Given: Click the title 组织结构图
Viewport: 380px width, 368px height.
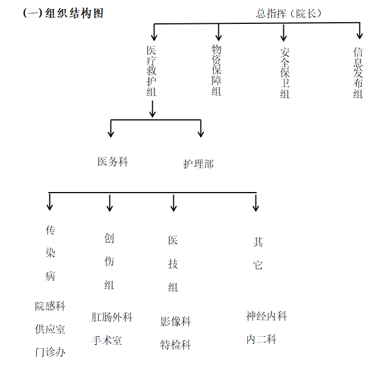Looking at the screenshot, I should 63,13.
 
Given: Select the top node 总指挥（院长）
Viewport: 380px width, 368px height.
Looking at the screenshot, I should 289,13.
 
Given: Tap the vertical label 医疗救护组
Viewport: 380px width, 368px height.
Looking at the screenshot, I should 152,71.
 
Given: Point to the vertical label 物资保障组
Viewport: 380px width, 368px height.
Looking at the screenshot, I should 217,70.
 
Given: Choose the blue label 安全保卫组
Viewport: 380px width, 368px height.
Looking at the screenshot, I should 285,73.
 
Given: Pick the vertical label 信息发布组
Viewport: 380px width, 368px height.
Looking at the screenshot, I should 358,73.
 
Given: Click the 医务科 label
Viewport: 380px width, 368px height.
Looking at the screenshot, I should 113,162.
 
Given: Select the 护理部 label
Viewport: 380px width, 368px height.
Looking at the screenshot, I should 198,164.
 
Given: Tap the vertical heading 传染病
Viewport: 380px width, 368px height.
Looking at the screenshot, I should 51,253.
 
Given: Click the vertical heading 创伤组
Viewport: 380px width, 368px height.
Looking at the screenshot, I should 109,261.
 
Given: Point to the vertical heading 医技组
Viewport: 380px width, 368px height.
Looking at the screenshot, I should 173,264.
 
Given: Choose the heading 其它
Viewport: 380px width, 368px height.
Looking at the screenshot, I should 258,253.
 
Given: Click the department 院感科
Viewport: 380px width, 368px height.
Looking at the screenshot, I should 50,306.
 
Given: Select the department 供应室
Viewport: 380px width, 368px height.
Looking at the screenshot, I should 50,329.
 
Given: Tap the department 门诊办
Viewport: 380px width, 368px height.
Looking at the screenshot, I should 50,352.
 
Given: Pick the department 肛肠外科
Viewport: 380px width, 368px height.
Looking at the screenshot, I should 112,317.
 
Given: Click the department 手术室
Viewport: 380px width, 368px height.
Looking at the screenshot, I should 107,340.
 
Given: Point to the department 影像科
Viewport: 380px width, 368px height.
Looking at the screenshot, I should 176,321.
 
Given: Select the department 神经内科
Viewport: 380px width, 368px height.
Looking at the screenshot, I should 267,316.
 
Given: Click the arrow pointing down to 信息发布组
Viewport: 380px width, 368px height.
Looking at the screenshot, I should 359,31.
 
